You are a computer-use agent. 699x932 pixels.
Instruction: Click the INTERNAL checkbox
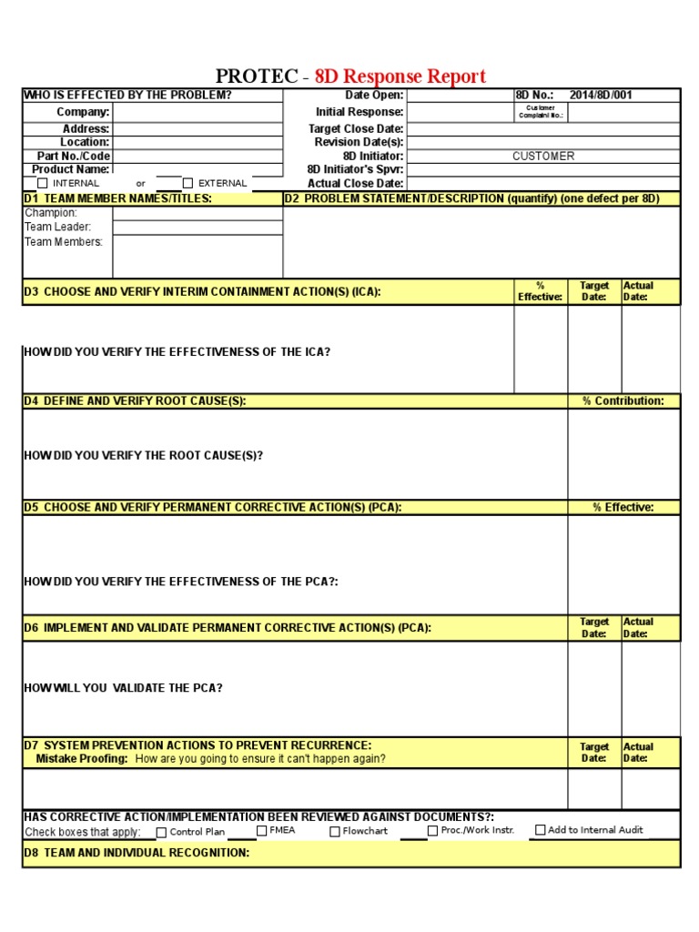coord(42,183)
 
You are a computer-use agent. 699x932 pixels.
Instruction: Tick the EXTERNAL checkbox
coord(188,183)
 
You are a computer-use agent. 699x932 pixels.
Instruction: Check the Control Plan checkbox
coord(161,832)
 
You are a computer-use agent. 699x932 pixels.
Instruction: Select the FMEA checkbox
coord(262,830)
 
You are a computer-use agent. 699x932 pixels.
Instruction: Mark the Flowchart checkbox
coord(335,831)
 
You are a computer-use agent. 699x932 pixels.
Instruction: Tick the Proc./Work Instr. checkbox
coord(432,830)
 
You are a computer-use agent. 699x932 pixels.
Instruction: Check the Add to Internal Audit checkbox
coord(541,830)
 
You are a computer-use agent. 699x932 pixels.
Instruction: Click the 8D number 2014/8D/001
coord(601,95)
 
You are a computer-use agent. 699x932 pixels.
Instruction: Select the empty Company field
coord(198,112)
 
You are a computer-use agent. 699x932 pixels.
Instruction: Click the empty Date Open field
coord(459,96)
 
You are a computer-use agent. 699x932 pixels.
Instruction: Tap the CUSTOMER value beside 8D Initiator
coord(543,157)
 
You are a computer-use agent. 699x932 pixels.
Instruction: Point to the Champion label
coord(51,213)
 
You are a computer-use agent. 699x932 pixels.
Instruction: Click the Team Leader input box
coord(198,228)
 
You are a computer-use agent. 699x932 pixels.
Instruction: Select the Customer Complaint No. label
coord(541,112)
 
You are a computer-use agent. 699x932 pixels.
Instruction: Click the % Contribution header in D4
coord(623,400)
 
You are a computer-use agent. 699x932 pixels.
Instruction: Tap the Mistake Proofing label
coord(82,758)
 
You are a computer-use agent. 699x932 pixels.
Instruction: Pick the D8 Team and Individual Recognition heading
coord(137,853)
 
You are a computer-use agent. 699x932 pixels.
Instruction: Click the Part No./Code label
coord(73,156)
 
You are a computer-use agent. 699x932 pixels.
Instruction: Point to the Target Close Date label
coord(356,129)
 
